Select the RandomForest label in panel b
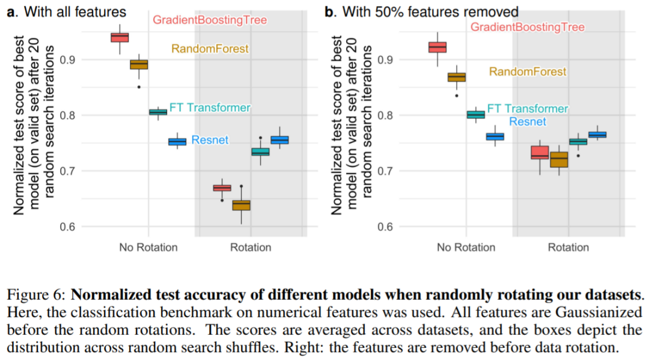tap(527, 72)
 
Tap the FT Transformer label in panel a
tap(210, 108)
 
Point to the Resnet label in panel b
tap(528, 121)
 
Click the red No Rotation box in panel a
tap(120, 37)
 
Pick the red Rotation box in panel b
tap(540, 153)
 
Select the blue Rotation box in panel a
tap(279, 140)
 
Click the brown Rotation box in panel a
tap(241, 205)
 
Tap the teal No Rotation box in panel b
tap(475, 115)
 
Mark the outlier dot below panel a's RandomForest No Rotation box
tap(139, 87)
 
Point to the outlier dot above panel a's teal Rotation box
tap(260, 138)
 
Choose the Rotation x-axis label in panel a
tap(251, 247)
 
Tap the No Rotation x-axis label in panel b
tap(466, 247)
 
